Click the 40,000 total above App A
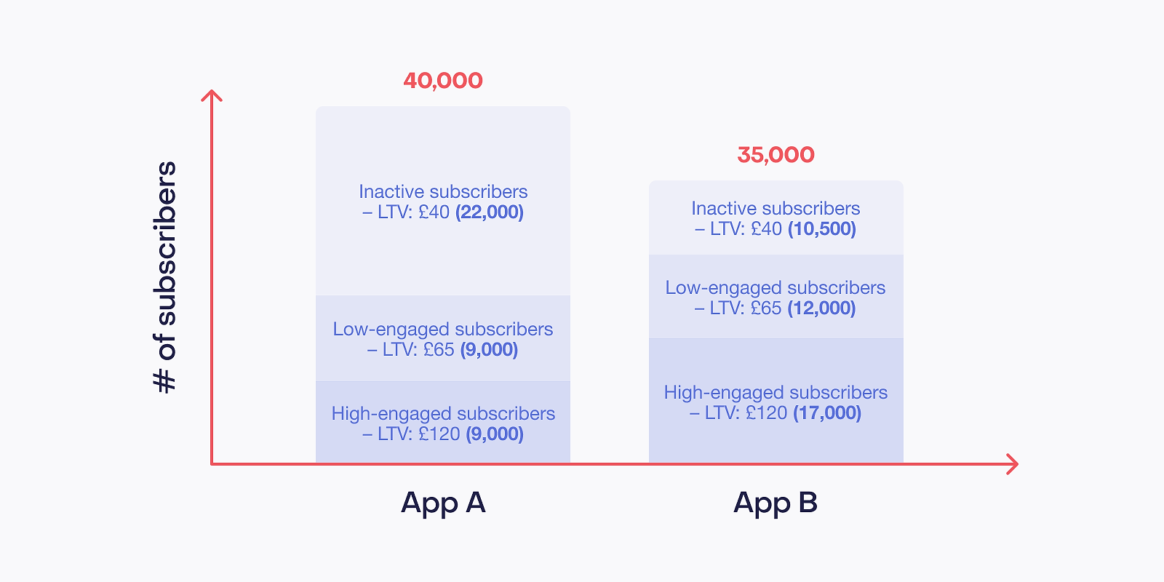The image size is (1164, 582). (443, 81)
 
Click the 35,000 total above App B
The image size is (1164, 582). (776, 156)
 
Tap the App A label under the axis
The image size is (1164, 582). (443, 503)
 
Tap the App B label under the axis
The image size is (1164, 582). (776, 503)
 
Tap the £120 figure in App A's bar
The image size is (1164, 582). (439, 434)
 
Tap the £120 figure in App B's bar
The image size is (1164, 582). (767, 413)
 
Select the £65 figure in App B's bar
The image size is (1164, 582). (766, 308)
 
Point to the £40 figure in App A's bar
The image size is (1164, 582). (434, 212)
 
